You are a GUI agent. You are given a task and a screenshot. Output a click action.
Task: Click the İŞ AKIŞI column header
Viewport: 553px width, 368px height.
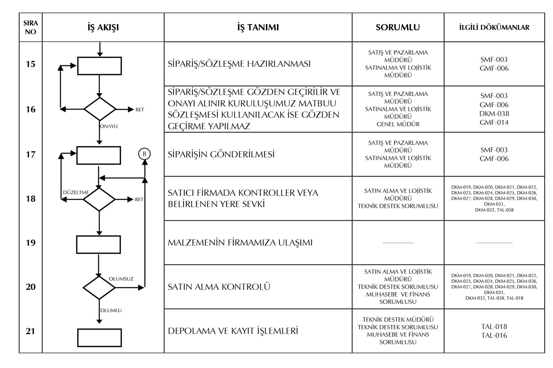click(x=103, y=28)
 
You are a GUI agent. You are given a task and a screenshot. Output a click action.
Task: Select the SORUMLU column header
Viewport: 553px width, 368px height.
click(x=397, y=28)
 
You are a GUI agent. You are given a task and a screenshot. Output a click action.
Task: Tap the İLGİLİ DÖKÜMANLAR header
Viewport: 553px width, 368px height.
click(x=494, y=28)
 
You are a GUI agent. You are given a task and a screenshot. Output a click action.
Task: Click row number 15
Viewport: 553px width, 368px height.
click(x=30, y=64)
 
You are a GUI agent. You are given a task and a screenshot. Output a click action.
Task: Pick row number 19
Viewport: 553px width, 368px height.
click(x=30, y=243)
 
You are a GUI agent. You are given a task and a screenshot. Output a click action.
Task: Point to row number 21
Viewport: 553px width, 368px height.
click(x=30, y=331)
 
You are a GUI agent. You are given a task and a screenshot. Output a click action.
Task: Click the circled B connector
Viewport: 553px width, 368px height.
click(x=144, y=154)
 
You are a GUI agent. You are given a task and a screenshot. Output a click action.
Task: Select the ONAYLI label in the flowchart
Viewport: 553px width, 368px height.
click(x=109, y=126)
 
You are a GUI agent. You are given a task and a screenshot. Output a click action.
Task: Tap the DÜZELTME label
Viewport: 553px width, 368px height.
click(x=76, y=192)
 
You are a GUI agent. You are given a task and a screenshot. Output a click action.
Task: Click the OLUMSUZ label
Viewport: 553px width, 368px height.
click(x=121, y=279)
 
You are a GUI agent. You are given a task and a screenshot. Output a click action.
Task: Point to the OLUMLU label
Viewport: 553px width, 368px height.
click(x=111, y=310)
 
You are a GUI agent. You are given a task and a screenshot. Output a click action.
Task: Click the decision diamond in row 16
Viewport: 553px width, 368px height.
click(x=100, y=109)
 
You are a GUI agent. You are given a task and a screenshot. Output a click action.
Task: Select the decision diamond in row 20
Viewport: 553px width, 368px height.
click(x=99, y=287)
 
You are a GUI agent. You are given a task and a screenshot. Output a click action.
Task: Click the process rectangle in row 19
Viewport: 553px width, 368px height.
click(x=99, y=244)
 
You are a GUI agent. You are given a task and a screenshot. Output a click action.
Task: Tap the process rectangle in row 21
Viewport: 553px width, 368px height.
click(x=99, y=338)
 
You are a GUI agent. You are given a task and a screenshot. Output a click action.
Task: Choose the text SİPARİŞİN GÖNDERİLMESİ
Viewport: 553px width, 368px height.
click(x=221, y=154)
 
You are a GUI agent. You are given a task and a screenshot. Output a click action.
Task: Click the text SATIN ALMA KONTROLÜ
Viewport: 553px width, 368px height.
click(x=219, y=287)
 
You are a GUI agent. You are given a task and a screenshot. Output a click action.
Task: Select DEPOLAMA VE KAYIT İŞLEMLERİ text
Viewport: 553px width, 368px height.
click(x=233, y=331)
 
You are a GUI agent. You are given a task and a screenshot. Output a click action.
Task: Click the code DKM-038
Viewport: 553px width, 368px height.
click(x=494, y=114)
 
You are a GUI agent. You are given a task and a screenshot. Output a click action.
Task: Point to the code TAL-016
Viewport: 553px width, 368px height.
click(x=494, y=336)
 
